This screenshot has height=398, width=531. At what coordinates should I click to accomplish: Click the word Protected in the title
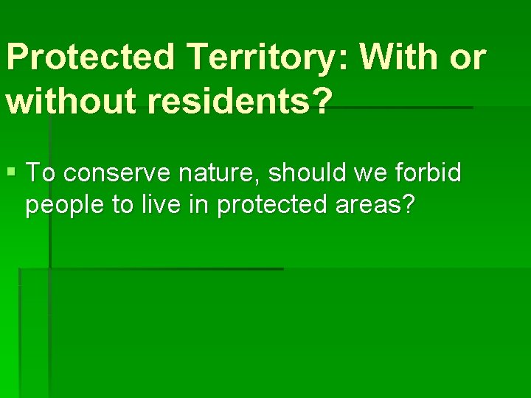tap(92, 57)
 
